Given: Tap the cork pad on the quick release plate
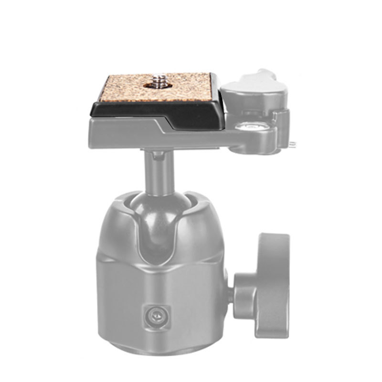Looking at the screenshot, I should click(124, 88).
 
